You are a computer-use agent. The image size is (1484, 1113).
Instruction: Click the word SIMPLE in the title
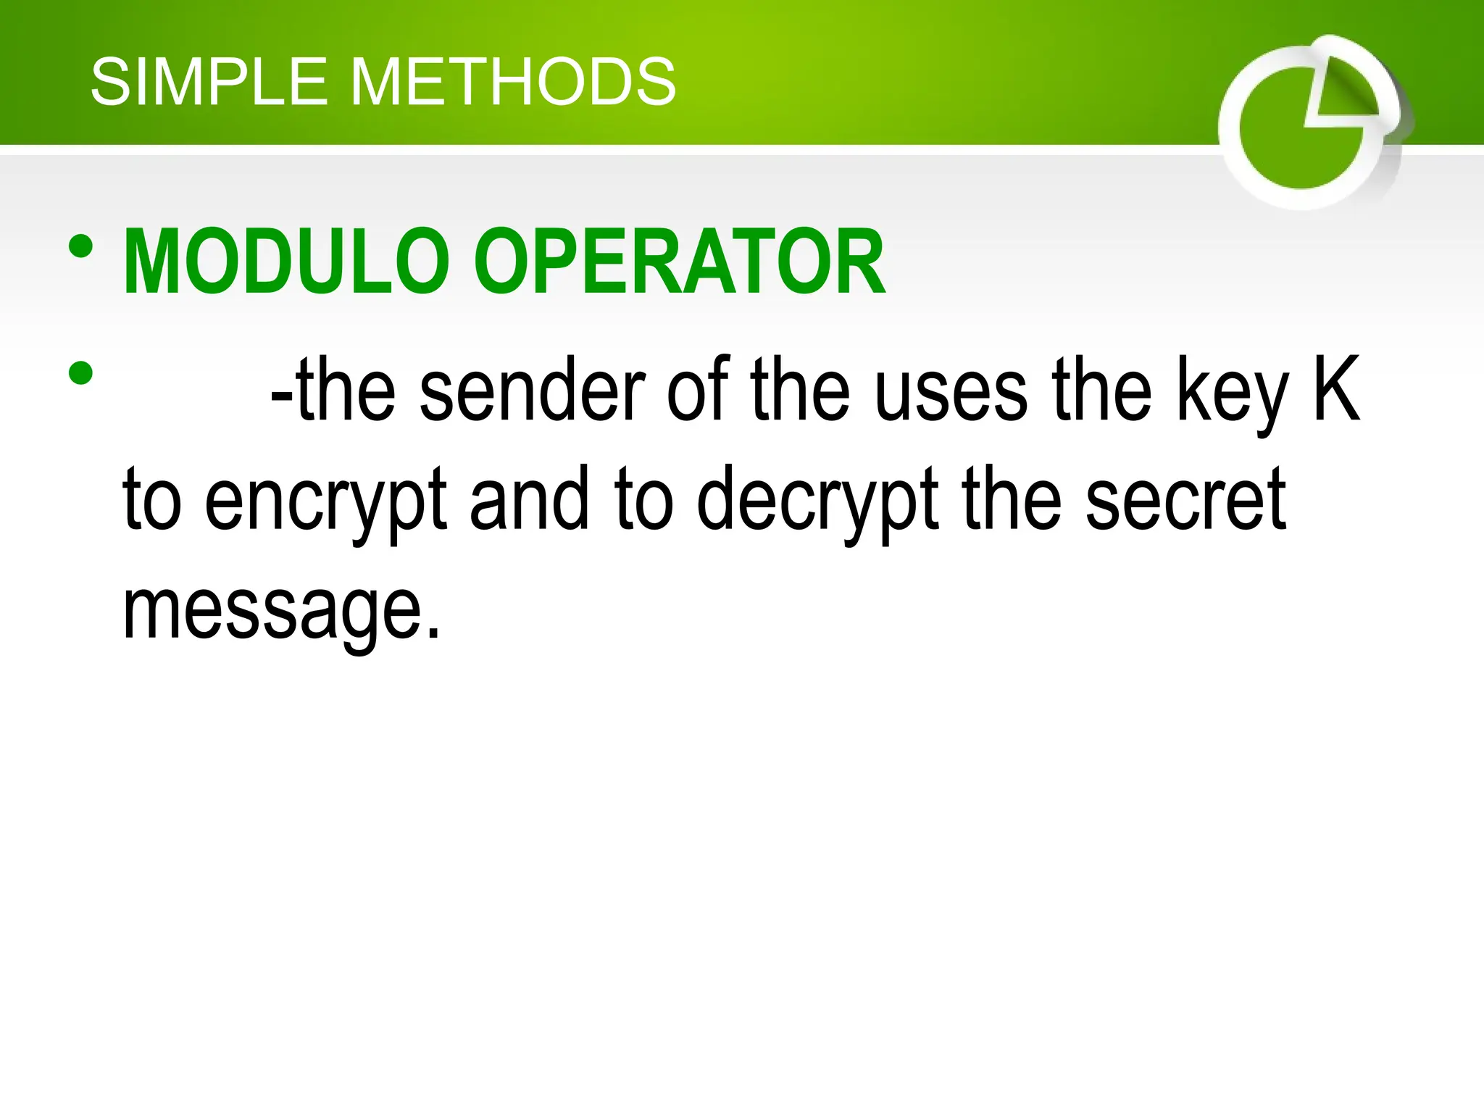click(x=209, y=83)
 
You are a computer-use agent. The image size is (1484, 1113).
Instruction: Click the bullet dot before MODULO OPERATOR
click(x=80, y=246)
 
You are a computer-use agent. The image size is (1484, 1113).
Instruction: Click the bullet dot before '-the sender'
click(x=80, y=373)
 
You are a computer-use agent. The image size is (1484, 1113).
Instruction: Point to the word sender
click(x=532, y=391)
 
